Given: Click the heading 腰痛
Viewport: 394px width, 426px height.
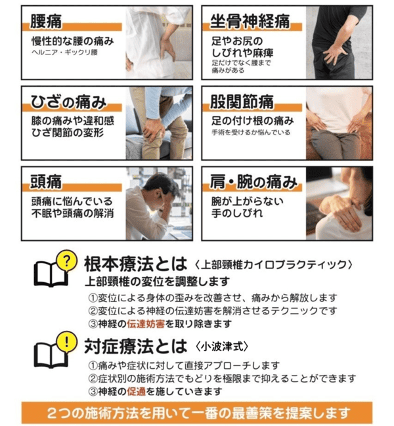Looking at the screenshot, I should (x=47, y=22).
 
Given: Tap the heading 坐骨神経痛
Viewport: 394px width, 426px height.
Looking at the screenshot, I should (x=250, y=22).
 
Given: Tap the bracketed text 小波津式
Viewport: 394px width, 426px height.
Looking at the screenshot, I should (x=225, y=345).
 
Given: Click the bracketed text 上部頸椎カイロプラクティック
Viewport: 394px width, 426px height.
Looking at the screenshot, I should (x=276, y=265).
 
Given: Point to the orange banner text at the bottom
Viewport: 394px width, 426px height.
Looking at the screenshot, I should (x=196, y=414).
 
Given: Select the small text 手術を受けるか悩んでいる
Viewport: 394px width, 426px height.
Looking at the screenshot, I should (x=251, y=133).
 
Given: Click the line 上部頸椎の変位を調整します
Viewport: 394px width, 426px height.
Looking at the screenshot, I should (x=152, y=281).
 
